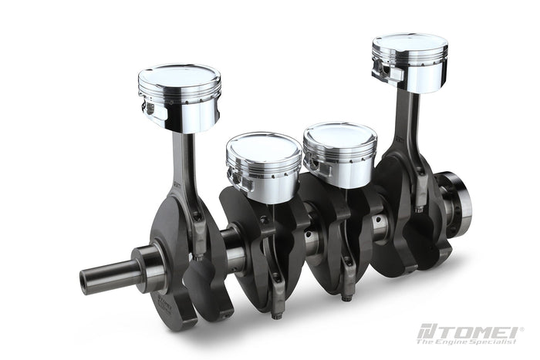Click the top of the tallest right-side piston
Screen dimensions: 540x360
[410, 42]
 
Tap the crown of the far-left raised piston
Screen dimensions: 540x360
[179, 74]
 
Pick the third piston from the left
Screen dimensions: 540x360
[340, 154]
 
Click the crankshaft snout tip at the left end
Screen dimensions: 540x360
[85, 282]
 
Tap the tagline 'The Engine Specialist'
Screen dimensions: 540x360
[467, 341]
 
